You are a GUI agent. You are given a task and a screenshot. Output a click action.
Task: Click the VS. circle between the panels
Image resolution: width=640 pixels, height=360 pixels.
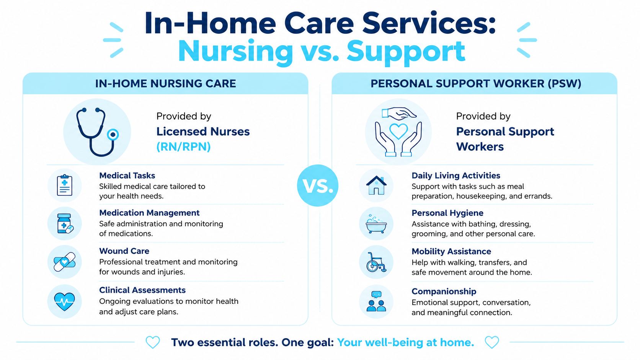[x=317, y=185]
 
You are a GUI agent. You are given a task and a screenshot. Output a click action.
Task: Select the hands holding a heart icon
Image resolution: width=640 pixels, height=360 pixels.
[x=398, y=132]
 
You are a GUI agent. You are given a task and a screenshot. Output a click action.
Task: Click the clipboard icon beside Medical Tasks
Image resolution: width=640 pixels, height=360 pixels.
[x=65, y=185]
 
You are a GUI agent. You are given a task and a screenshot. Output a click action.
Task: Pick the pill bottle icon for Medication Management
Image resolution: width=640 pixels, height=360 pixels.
[x=65, y=223]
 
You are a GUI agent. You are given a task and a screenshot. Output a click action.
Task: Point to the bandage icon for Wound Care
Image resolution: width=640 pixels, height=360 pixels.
[x=65, y=262]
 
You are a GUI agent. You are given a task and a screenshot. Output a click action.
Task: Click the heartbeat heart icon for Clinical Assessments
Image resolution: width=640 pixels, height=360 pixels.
[x=65, y=301]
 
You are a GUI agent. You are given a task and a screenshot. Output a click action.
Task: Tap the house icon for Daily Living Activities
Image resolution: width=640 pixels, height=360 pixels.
[x=376, y=185]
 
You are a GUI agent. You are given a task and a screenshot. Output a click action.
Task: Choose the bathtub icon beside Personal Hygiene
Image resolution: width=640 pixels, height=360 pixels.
[x=376, y=224]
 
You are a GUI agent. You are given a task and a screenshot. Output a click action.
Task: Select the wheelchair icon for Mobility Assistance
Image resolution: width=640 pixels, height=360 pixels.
[x=376, y=262]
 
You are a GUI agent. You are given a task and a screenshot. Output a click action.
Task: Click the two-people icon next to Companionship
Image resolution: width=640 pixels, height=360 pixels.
[x=376, y=301]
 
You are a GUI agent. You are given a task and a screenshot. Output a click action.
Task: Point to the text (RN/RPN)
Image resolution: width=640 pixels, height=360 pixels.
[x=183, y=147]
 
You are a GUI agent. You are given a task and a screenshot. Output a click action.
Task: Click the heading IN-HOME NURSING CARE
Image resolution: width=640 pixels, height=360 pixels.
[x=165, y=83]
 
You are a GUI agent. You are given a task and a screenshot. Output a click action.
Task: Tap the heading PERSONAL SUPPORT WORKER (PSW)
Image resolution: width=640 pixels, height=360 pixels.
[x=476, y=83]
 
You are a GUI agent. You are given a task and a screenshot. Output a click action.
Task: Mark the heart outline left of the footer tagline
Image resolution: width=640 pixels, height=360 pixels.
[x=153, y=342]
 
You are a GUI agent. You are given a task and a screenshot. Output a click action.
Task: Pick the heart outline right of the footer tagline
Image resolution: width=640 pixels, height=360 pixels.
[x=492, y=342]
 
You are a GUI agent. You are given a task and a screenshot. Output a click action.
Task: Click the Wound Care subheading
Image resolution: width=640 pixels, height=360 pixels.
[x=124, y=251]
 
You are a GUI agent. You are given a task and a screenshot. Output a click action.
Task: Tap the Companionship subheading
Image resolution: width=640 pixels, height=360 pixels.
[x=444, y=292]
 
